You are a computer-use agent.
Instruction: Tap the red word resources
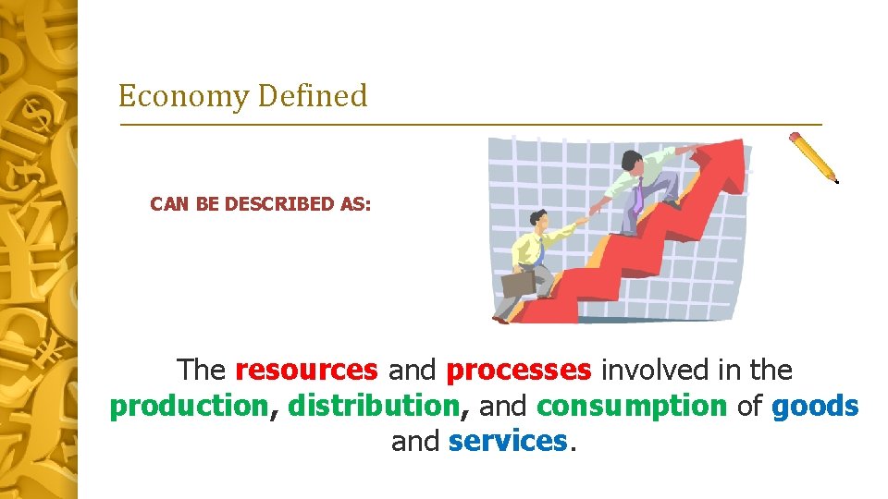[306, 371]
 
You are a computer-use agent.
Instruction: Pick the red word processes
[518, 371]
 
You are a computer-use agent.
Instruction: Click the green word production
[188, 407]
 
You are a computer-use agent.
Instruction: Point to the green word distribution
[374, 407]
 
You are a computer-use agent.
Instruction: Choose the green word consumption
[632, 407]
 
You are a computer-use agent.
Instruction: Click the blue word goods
[815, 407]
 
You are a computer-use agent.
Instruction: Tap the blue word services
[507, 442]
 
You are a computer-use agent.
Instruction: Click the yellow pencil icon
[813, 156]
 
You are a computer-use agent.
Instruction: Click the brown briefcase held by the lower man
[517, 282]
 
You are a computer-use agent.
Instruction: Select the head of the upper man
[632, 161]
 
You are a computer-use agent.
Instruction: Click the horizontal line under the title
[470, 124]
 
